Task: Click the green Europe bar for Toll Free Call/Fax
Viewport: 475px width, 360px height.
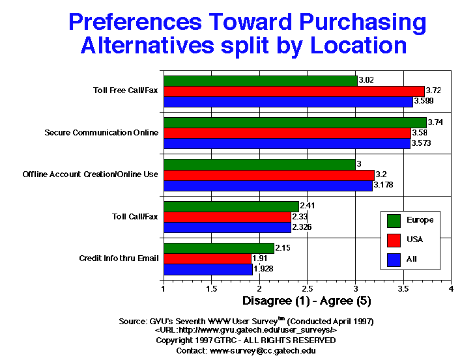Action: [x=261, y=81]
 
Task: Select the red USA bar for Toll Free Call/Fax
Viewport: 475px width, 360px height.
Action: [x=294, y=91]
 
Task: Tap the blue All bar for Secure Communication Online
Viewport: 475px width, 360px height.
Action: [x=287, y=143]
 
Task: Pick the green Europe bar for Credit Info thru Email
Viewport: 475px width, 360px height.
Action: [x=219, y=248]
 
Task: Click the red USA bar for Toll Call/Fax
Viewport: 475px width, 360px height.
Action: [x=227, y=217]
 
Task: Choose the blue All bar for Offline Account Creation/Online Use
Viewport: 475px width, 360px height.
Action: [x=268, y=185]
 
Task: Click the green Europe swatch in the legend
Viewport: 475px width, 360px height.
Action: [x=393, y=220]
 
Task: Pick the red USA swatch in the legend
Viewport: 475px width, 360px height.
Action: [x=393, y=240]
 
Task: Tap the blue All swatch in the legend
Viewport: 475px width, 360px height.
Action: [x=393, y=259]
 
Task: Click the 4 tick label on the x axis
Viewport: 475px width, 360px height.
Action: [x=451, y=288]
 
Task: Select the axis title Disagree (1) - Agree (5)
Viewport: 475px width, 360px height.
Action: [x=307, y=301]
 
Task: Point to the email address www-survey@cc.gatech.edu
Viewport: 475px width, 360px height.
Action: [x=264, y=350]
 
